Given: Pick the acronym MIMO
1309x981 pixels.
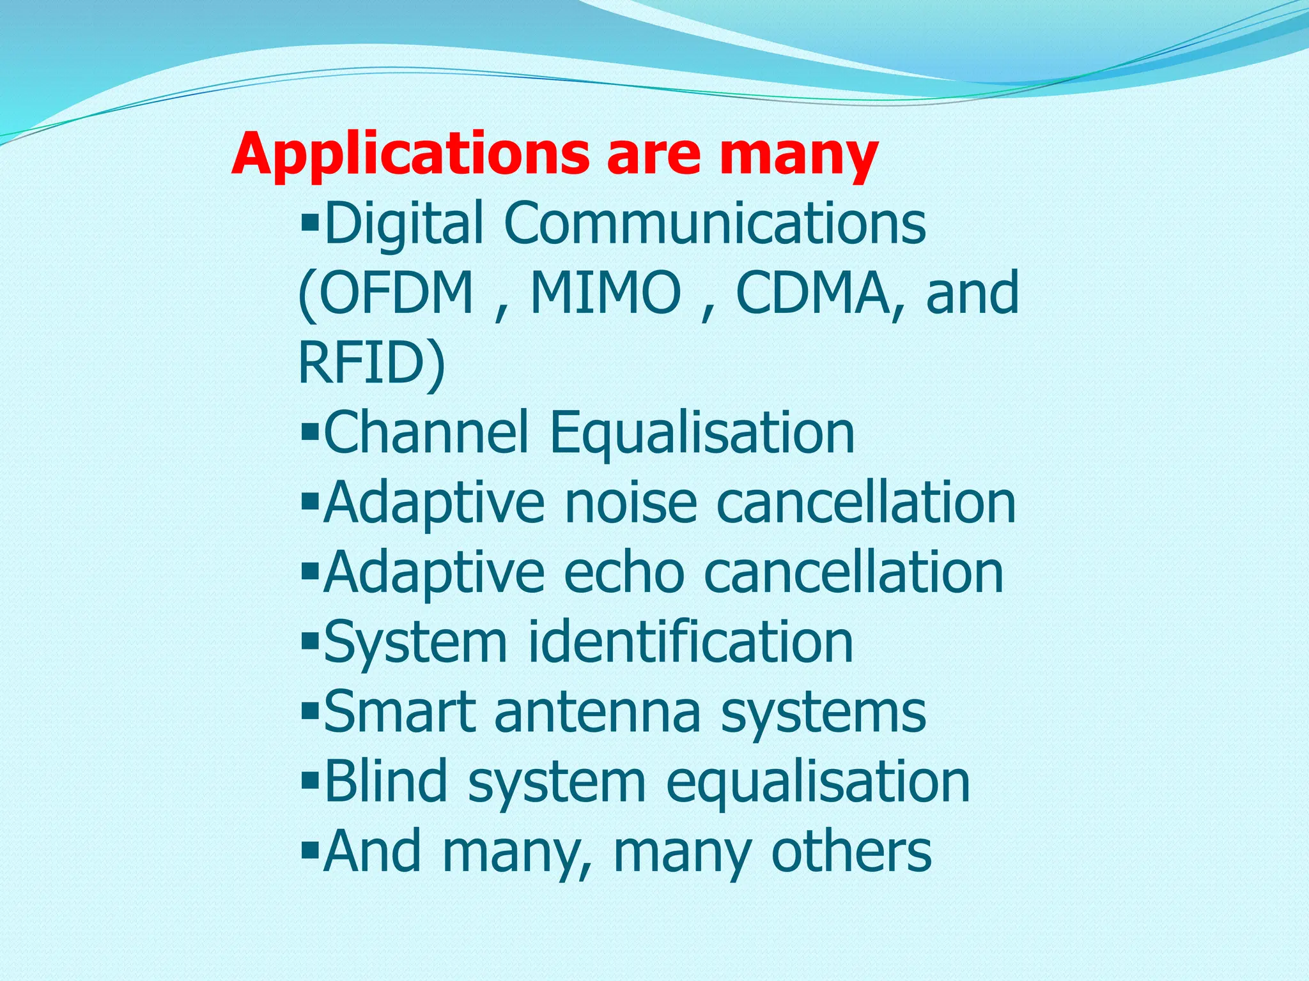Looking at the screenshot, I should coord(606,294).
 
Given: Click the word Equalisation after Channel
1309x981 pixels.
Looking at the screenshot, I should coord(701,433).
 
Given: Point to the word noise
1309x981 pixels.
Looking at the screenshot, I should coord(630,503).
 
